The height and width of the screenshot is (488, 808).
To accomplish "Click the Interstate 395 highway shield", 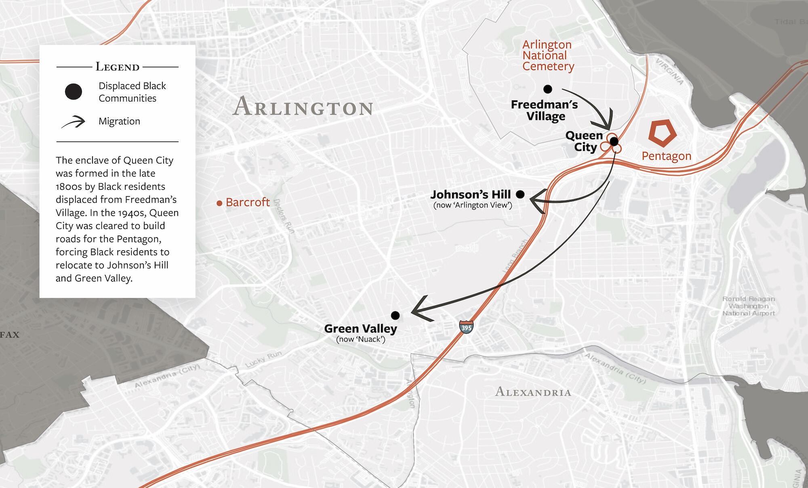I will pos(466,327).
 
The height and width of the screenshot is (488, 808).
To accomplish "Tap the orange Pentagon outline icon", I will pos(662,133).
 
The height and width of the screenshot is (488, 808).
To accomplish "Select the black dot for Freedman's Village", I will pos(548,89).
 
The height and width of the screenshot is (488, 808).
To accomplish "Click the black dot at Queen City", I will pos(614,141).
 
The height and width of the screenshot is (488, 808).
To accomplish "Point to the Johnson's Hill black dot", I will pos(520,195).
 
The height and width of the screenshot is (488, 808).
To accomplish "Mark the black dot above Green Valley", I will pos(396,315).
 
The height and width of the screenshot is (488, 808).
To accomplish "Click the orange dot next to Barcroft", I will pos(219,203).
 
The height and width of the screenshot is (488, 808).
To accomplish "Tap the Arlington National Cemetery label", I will pos(547,55).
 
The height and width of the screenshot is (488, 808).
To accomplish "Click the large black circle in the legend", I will pos(74,91).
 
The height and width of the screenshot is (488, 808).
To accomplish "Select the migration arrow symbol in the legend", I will pos(74,122).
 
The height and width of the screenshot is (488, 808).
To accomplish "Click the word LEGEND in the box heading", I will pos(118,67).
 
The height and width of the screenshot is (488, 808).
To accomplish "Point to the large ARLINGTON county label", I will pos(303,107).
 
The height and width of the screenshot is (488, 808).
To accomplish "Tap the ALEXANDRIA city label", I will pos(533,392).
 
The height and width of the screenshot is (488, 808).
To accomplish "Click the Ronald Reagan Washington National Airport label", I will pos(748,306).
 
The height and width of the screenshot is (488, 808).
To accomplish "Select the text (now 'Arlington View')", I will pos(473,205).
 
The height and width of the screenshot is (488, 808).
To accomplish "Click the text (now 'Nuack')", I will pos(360,339).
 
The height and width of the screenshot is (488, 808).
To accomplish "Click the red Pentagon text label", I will pos(667,156).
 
